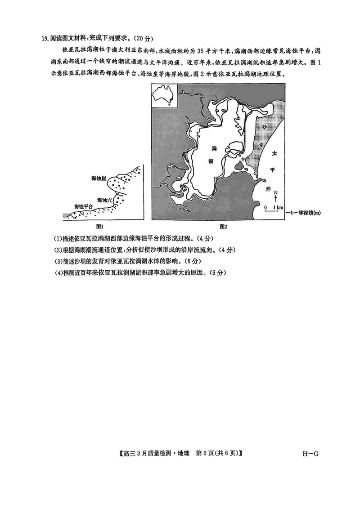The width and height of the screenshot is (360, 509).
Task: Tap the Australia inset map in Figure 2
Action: pos(164,97)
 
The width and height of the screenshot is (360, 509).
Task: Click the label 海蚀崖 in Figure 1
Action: pos(98,179)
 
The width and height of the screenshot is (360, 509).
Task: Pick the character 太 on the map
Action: pos(273,154)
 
